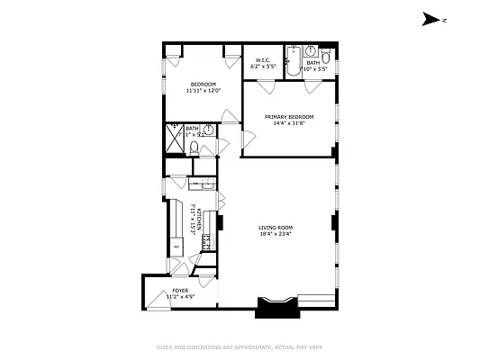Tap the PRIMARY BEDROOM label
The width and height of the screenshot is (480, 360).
[289, 117]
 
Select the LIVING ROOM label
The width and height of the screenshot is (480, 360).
[276, 228]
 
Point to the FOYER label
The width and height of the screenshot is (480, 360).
[180, 291]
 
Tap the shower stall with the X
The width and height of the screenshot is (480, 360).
[173, 140]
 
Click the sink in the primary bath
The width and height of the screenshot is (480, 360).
[309, 51]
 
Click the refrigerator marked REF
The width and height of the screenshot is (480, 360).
[176, 245]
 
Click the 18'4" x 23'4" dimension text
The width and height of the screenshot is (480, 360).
[276, 236]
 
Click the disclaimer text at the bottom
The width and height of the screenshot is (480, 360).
[240, 346]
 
